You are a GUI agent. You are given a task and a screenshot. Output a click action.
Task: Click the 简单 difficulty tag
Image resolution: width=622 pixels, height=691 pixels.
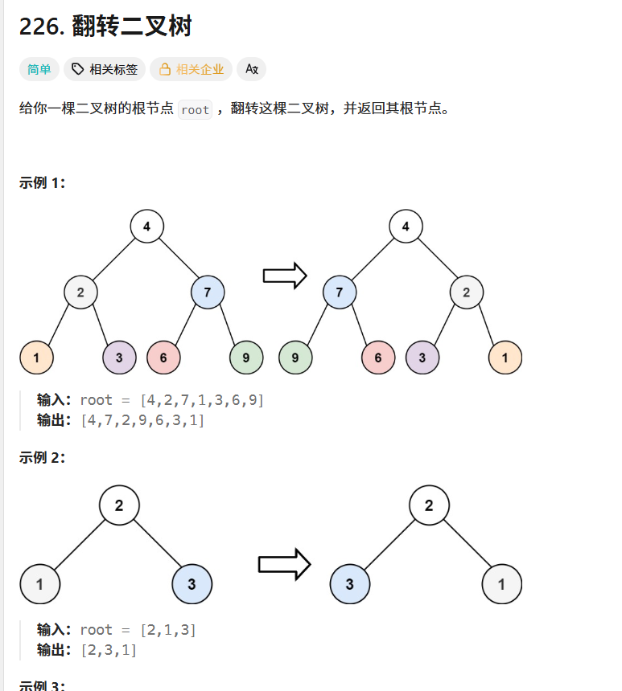(x=39, y=70)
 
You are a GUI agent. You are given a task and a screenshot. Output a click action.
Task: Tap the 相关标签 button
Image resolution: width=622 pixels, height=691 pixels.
(x=105, y=70)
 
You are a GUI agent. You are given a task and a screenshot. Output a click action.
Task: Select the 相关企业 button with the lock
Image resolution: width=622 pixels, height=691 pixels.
(x=192, y=70)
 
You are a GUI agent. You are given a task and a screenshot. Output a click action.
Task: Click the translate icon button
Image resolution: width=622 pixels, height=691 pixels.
(x=251, y=70)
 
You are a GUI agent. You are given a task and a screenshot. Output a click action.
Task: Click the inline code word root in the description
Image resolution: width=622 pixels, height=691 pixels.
(x=195, y=110)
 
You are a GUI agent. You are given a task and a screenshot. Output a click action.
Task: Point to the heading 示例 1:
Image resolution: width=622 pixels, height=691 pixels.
(x=42, y=182)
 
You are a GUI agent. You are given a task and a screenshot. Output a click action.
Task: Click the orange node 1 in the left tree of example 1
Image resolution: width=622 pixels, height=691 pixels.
(x=36, y=358)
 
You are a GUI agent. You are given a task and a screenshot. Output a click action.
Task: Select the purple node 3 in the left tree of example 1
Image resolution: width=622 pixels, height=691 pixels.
(x=119, y=358)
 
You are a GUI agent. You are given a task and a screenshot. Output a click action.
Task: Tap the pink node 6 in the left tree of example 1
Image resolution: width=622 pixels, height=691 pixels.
(x=163, y=358)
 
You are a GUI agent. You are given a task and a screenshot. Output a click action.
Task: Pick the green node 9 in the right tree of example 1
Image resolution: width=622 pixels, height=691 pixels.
(x=295, y=358)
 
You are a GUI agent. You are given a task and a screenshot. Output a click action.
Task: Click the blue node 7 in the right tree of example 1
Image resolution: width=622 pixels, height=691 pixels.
(x=340, y=292)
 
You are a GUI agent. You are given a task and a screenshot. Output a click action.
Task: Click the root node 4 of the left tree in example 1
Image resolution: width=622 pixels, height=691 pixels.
(x=146, y=227)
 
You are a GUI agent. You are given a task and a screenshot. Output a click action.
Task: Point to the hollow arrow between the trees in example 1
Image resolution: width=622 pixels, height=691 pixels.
(x=285, y=276)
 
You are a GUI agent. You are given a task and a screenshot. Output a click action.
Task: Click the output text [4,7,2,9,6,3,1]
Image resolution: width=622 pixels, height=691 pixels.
(x=142, y=419)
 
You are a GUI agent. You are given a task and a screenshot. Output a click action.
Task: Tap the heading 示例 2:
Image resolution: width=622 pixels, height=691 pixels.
(x=42, y=457)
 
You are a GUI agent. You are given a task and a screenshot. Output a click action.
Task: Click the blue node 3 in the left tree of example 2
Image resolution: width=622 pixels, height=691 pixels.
(x=192, y=584)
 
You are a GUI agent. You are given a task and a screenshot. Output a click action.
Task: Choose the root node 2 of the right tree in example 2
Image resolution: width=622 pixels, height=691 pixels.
(x=428, y=505)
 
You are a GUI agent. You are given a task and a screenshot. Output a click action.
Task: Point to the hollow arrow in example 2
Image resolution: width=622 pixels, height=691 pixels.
(x=284, y=564)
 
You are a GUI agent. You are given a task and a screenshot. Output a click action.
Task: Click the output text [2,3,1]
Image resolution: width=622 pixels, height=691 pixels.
(x=109, y=649)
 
